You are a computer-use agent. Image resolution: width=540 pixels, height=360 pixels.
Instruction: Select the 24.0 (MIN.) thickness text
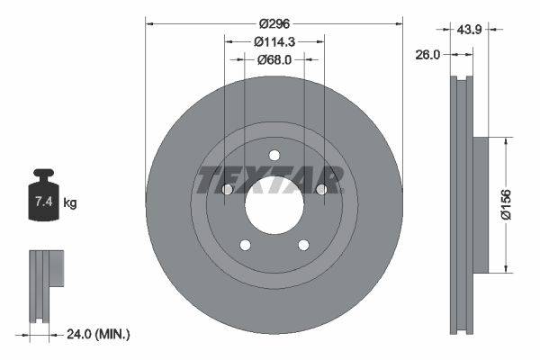coord(100,335)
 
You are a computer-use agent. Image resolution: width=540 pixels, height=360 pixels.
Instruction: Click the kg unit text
coord(69,203)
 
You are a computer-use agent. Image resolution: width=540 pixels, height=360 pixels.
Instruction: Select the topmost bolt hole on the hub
coord(274,154)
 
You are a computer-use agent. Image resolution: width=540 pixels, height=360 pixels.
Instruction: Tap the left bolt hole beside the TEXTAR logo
coord(227,189)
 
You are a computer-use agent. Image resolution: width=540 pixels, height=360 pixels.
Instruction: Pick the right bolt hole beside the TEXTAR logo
coord(320,189)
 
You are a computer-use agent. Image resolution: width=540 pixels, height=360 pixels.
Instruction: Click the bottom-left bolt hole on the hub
coord(244,244)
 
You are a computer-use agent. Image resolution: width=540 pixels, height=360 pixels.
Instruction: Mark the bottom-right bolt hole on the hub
coord(302,244)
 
